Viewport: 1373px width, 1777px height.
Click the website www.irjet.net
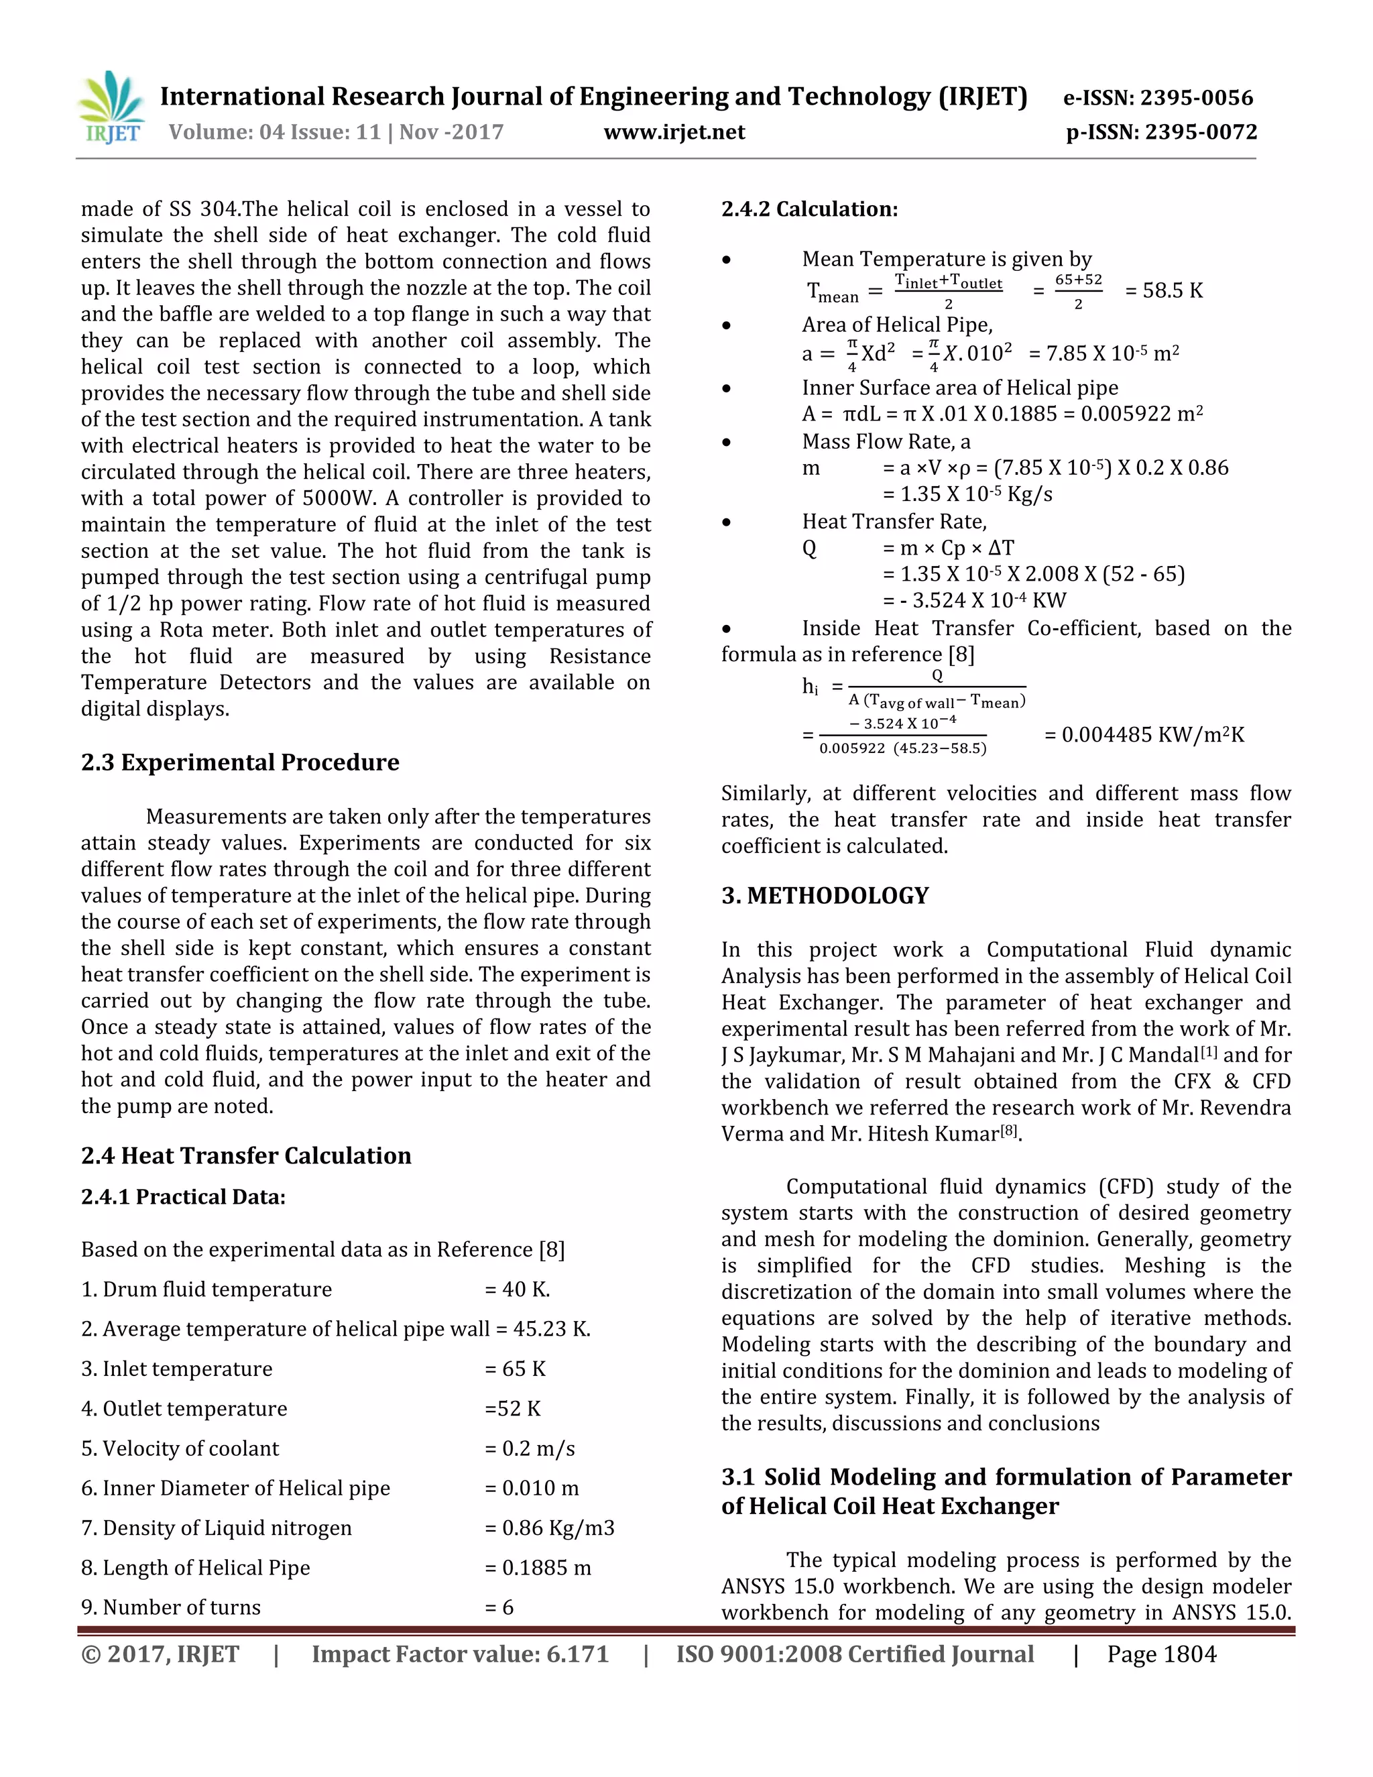coord(674,132)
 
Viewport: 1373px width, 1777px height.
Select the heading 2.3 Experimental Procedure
coord(240,762)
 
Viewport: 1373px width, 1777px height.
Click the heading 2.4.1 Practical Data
coord(183,1197)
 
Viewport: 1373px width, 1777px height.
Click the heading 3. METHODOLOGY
coord(825,896)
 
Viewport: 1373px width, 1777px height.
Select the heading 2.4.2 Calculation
coord(809,209)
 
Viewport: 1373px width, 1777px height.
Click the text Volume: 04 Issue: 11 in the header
coord(275,132)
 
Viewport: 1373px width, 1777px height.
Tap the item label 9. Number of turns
coord(171,1608)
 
